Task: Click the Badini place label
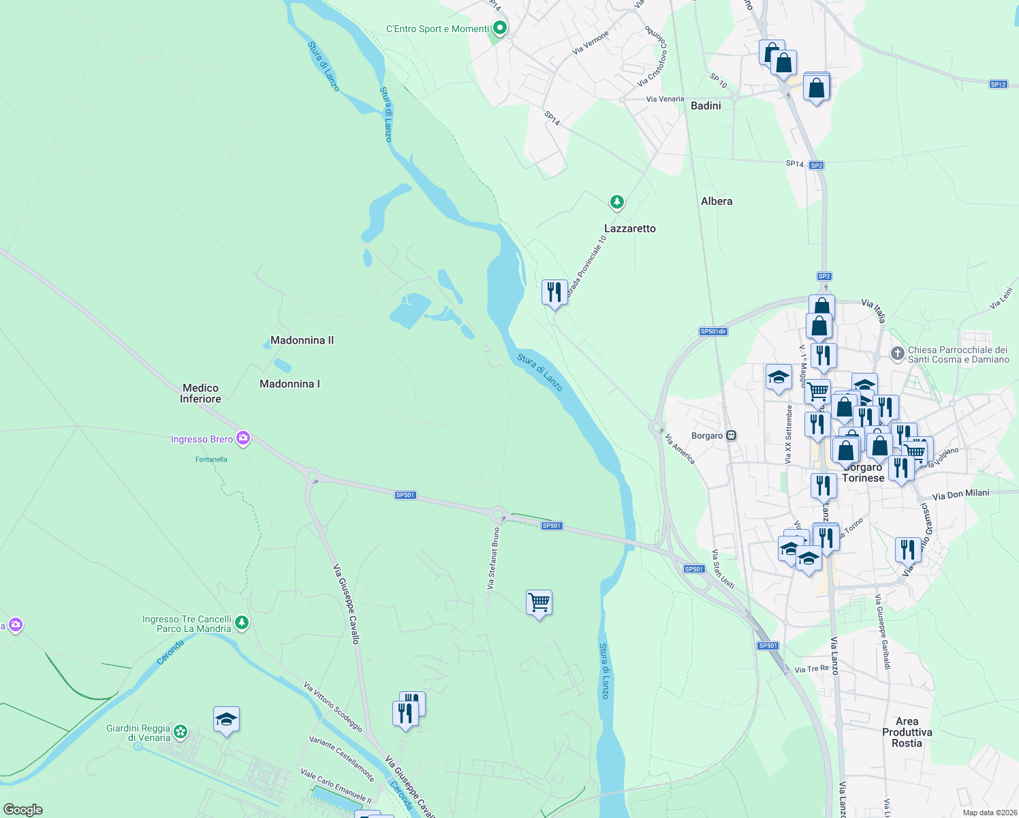click(706, 106)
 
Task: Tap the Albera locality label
click(717, 201)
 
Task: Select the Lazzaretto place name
click(630, 228)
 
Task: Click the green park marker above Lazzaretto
click(616, 202)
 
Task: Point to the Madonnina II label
click(302, 340)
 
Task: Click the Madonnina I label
click(289, 384)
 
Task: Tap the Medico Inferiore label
click(200, 393)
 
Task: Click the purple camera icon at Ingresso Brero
click(243, 438)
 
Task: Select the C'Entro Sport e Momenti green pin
click(500, 29)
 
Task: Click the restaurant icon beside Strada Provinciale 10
click(554, 292)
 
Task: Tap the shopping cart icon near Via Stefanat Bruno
click(539, 603)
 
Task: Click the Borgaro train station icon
click(732, 436)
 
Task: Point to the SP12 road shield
click(999, 85)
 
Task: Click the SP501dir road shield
click(713, 332)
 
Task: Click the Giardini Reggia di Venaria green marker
click(181, 732)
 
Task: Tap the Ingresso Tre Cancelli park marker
click(241, 622)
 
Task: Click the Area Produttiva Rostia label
click(907, 732)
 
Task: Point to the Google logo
click(23, 810)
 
